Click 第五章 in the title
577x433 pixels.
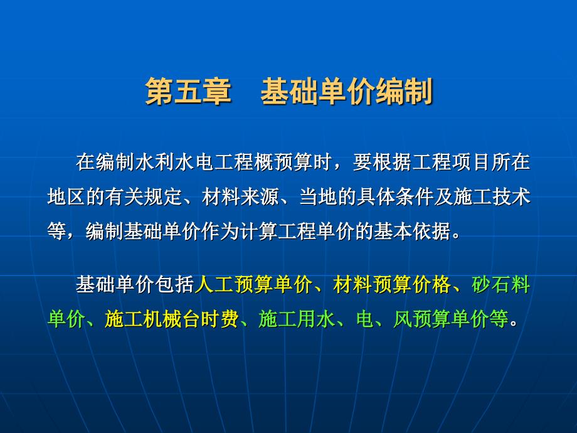click(188, 92)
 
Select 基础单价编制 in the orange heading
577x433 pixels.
click(347, 92)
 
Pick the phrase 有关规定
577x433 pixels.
click(144, 196)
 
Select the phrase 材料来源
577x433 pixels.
click(241, 196)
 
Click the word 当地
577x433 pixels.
click(319, 196)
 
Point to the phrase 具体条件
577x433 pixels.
click(396, 196)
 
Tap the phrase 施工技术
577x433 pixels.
click(492, 196)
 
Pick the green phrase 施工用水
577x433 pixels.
click(297, 319)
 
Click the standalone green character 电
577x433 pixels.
click(364, 319)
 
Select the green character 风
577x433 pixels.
click(403, 319)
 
